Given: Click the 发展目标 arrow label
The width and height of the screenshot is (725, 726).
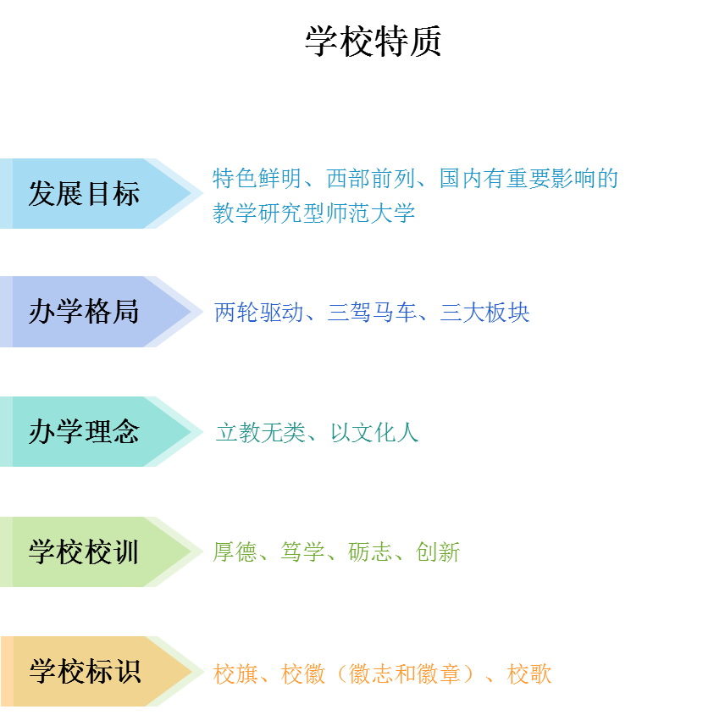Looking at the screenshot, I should [84, 194].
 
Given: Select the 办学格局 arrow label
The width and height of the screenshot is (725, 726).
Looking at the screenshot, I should [84, 313].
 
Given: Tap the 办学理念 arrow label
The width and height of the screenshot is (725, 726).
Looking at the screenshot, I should [84, 432].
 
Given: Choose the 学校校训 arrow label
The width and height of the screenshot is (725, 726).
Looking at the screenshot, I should [84, 552].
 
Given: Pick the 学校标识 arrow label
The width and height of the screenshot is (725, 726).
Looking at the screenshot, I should [84, 672].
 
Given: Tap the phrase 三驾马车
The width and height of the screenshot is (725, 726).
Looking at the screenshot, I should [373, 313].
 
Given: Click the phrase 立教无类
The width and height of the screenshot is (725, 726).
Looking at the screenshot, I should [259, 433].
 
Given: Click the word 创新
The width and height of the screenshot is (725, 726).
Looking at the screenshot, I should [438, 553].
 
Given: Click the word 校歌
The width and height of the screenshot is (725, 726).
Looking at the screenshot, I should [529, 674].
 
